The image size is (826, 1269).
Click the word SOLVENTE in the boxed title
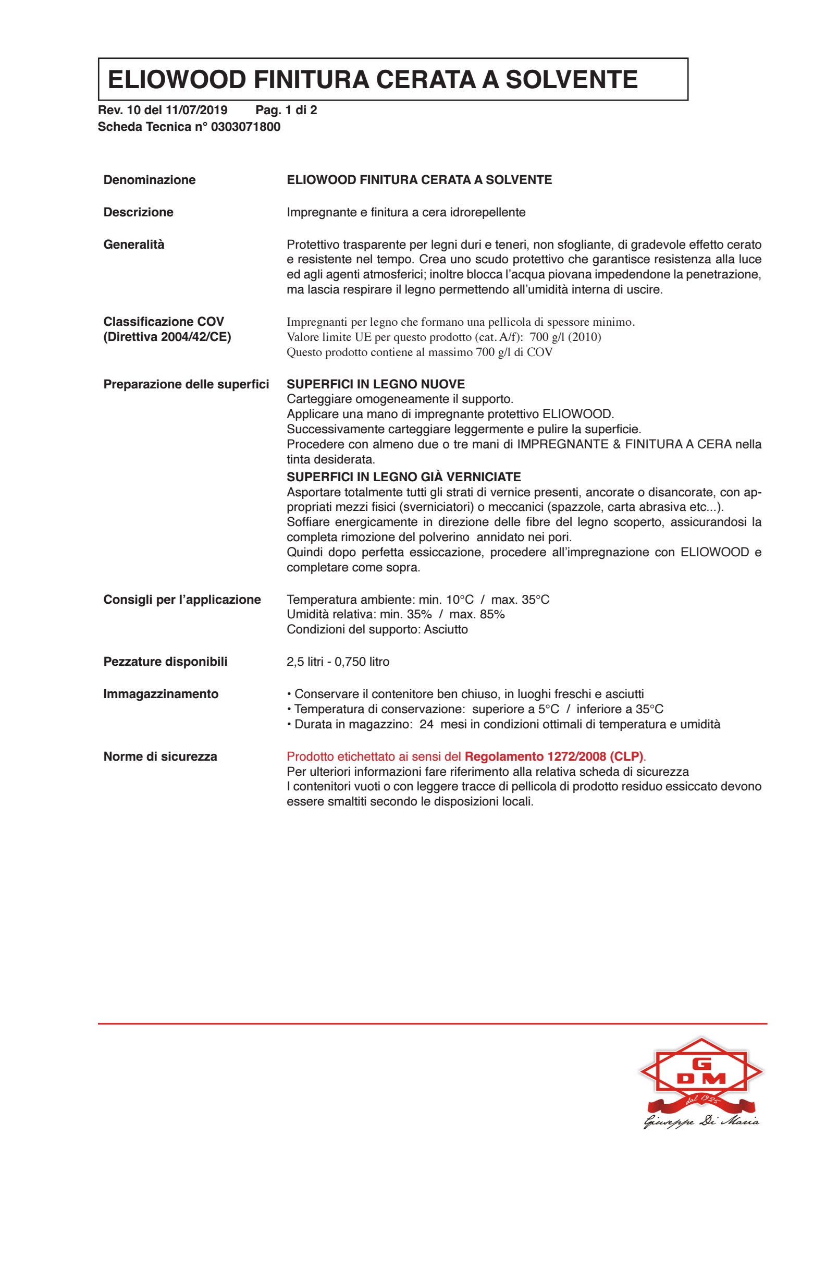(x=571, y=79)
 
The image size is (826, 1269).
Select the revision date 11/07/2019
(x=196, y=111)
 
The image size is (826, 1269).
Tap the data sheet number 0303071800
(x=245, y=127)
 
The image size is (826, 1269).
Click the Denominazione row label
(x=149, y=180)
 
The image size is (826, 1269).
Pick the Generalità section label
(x=134, y=245)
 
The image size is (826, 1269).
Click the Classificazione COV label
(x=164, y=322)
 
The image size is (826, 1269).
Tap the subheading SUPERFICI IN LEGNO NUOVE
(x=375, y=384)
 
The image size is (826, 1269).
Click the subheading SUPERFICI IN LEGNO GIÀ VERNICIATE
(x=403, y=477)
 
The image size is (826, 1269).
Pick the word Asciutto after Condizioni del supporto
(x=446, y=629)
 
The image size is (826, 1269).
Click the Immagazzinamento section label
(x=161, y=694)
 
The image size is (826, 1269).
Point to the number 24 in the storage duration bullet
(x=426, y=724)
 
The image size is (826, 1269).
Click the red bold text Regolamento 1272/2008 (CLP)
(x=553, y=756)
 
